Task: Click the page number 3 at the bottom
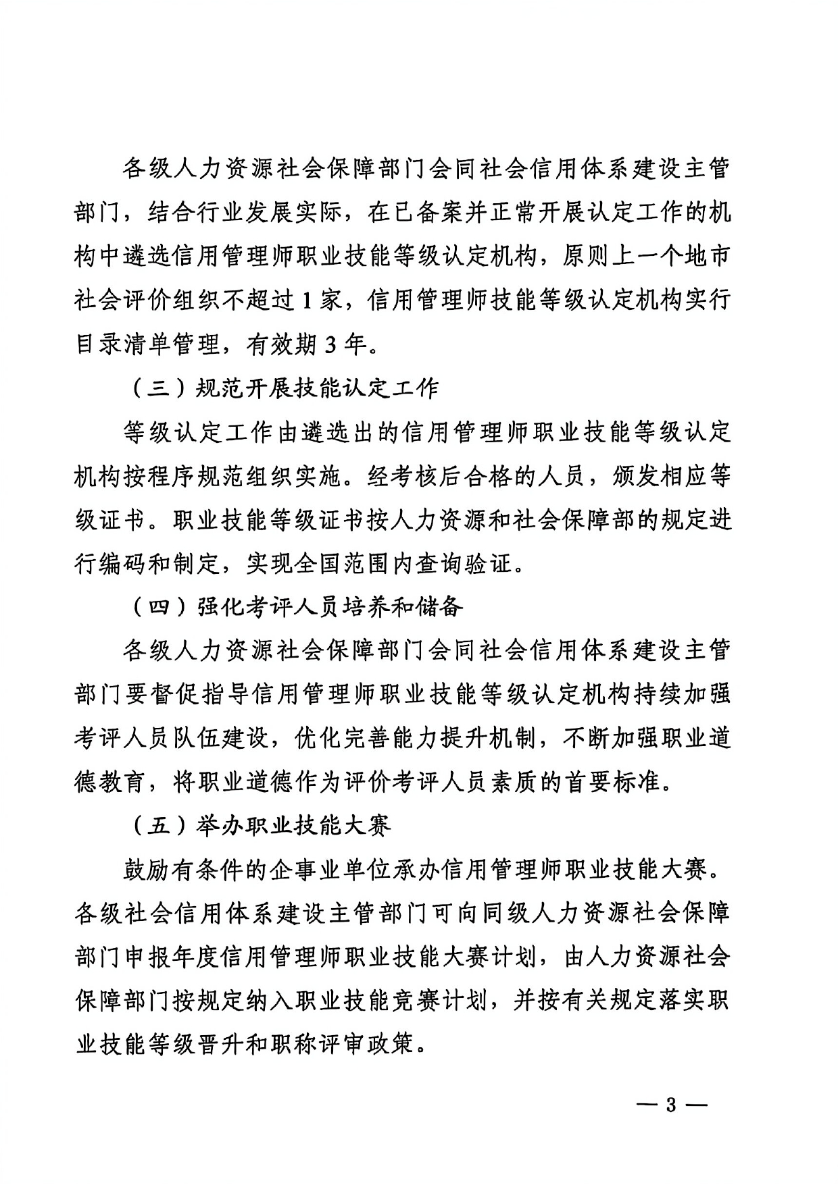coord(670,1106)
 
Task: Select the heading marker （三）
coord(156,388)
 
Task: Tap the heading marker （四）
coord(156,607)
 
